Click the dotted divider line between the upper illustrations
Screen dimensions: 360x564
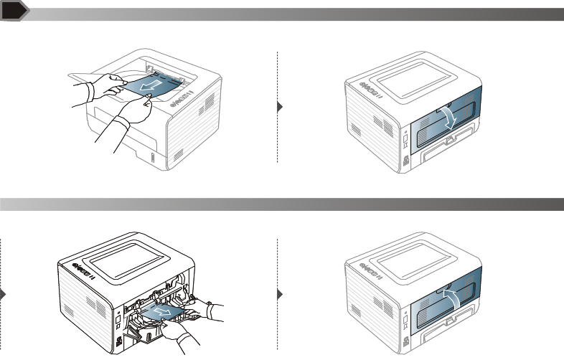pos(277,108)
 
